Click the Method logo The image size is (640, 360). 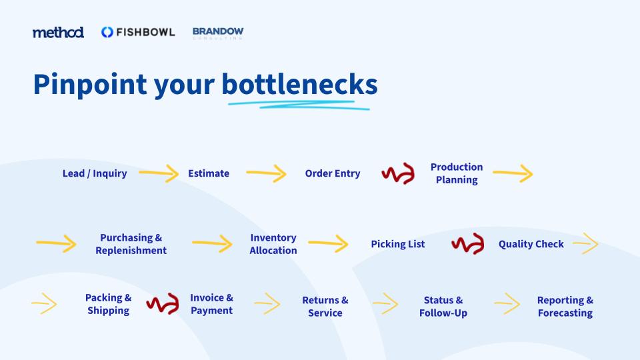point(58,32)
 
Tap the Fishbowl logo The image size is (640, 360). point(138,32)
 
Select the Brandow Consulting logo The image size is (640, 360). point(218,33)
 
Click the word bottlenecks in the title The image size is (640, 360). point(299,84)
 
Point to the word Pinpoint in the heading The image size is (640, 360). point(90,85)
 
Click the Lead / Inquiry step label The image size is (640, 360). point(95,173)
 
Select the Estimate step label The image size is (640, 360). point(209,173)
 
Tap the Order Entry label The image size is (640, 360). point(333,173)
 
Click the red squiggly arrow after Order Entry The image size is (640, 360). point(399,173)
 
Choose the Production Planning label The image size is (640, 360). point(457,173)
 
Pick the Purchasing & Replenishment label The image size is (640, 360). point(131,244)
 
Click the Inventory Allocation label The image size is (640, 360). point(273,244)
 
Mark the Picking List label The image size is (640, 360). point(398,244)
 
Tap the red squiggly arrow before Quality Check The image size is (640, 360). point(468,244)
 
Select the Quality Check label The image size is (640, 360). point(531,244)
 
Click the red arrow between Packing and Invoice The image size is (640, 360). point(163,304)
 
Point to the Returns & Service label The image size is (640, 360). point(325,307)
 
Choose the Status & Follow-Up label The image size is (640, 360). point(443,307)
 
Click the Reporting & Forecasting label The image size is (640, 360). point(565,307)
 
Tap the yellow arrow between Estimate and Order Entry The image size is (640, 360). point(266,173)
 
